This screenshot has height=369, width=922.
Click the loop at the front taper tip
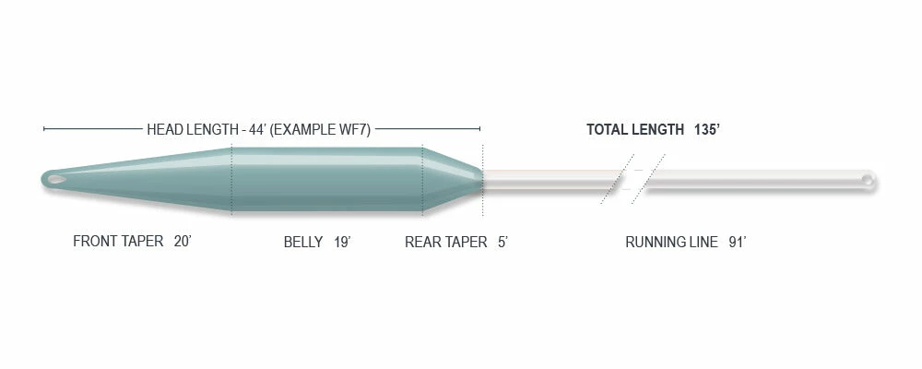point(56,179)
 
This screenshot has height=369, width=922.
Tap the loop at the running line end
point(867,178)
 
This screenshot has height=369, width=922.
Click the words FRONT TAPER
point(118,242)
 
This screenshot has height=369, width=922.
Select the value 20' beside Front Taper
point(183,242)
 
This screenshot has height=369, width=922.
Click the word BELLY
point(303,242)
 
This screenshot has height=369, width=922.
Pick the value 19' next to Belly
point(342,242)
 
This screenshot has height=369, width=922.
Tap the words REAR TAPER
point(445,242)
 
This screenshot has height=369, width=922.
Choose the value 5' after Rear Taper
point(502,242)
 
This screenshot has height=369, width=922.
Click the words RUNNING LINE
point(671,242)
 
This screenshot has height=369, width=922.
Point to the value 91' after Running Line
point(738,242)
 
